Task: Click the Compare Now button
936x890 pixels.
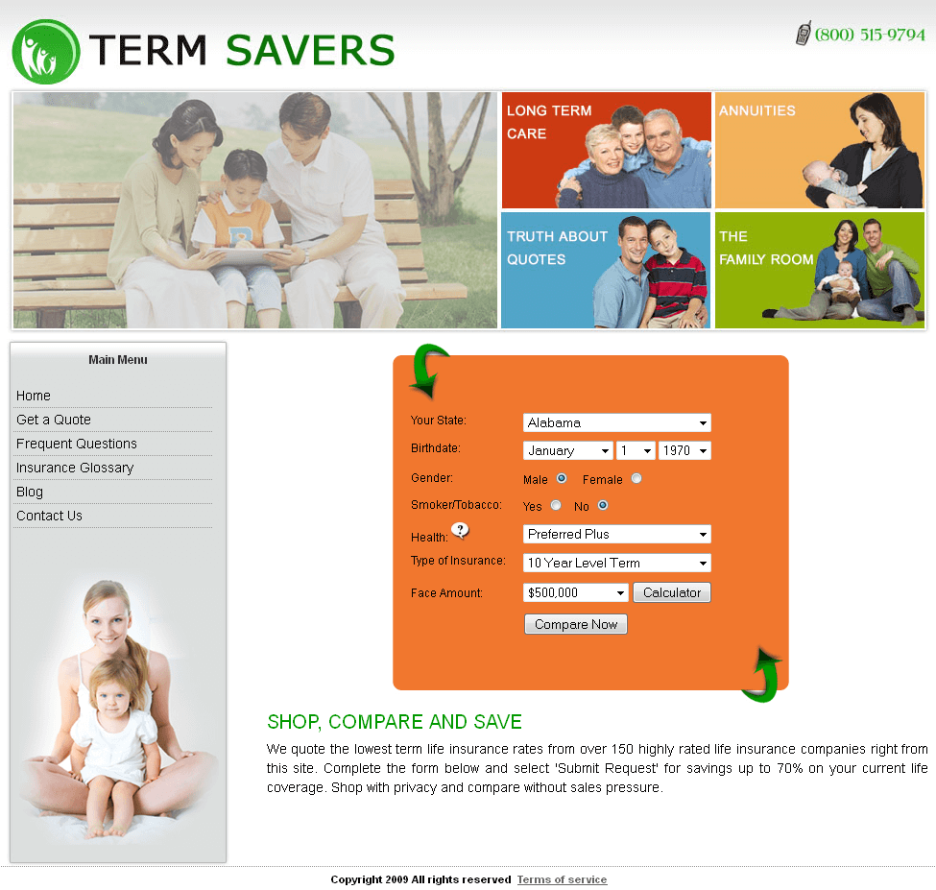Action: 575,624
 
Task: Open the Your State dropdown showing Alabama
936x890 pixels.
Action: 616,422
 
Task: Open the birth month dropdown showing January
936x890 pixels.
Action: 567,450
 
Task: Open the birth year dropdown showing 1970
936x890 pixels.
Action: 684,450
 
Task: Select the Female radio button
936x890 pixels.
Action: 636,478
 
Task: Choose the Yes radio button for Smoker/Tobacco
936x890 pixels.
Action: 556,505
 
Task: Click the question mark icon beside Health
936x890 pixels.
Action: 461,530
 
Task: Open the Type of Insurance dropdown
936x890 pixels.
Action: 616,563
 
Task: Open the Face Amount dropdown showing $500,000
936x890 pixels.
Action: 575,592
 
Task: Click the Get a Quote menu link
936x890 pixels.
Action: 54,420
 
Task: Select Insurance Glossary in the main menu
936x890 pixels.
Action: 75,468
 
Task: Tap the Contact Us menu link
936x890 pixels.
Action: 50,516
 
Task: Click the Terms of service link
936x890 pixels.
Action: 562,879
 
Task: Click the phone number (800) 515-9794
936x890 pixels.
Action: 870,35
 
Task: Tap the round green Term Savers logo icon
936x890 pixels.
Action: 45,52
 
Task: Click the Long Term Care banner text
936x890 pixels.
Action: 549,122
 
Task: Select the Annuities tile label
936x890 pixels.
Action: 756,110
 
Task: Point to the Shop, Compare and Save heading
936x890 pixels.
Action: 395,722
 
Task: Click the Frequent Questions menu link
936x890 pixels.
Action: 77,444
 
